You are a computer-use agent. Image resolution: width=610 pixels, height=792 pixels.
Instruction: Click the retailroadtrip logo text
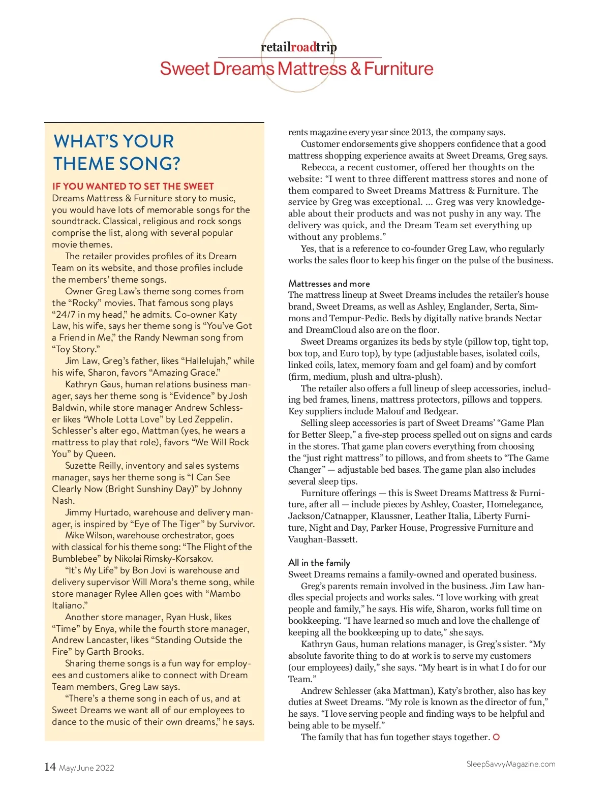[298, 47]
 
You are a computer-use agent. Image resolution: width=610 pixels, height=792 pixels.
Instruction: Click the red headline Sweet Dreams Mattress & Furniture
[296, 69]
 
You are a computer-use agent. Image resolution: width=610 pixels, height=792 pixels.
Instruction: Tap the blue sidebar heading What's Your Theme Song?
[116, 152]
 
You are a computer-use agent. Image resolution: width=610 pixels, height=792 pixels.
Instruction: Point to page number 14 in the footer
[50, 767]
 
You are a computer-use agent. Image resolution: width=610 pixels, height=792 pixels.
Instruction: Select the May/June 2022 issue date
[86, 768]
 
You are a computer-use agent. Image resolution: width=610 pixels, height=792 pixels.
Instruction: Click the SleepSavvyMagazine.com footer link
[510, 764]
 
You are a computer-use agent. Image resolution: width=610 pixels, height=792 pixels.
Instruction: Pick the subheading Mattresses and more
[329, 284]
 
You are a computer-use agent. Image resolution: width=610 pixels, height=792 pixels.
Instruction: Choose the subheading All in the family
[319, 563]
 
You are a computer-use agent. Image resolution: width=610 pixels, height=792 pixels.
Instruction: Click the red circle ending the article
[496, 737]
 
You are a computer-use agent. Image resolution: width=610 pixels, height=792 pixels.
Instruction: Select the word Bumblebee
[76, 559]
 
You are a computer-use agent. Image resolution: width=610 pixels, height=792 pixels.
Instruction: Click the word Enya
[105, 629]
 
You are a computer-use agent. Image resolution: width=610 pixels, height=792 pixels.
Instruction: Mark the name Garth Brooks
[115, 652]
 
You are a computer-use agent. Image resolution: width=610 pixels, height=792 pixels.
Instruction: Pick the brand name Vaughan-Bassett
[322, 539]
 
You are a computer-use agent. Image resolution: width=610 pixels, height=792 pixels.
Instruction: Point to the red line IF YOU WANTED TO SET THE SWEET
[133, 187]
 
